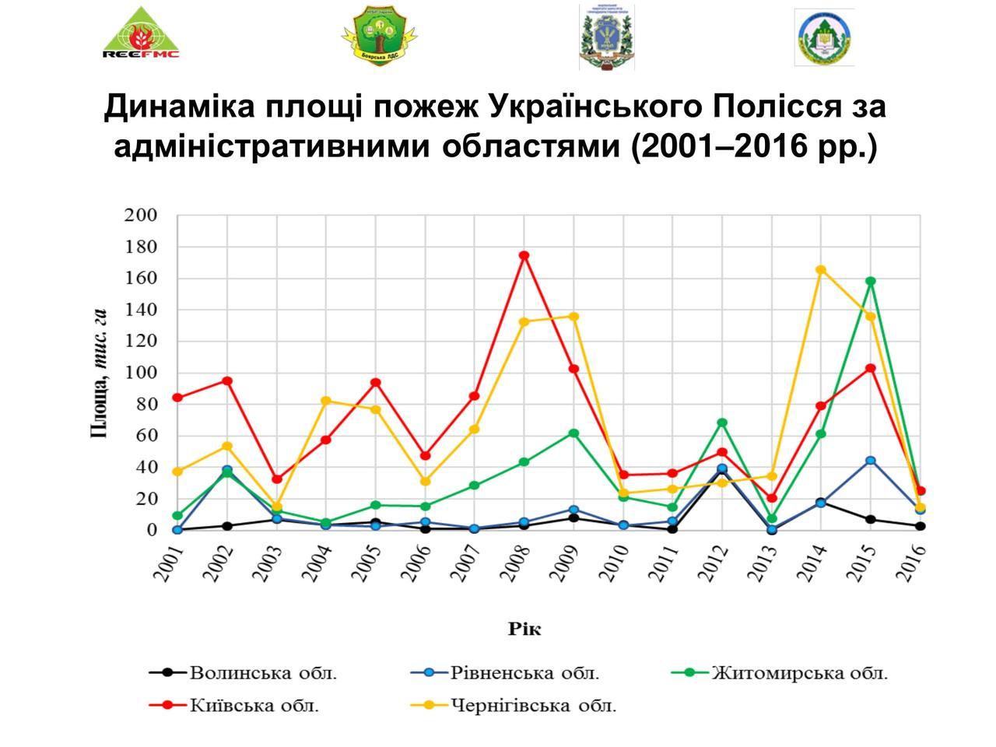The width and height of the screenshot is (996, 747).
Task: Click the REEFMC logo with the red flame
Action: pos(141,33)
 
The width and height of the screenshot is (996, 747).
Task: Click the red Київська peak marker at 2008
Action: pos(524,255)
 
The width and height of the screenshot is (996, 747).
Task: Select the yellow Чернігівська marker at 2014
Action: pos(821,270)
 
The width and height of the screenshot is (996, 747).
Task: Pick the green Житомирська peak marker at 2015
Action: pos(871,282)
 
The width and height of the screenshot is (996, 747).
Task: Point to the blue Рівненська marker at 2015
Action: pos(871,461)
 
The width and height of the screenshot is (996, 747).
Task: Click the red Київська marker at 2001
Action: pos(177,398)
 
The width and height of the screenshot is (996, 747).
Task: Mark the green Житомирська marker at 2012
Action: pos(722,423)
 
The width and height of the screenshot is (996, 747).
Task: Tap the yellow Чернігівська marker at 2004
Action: pos(326,401)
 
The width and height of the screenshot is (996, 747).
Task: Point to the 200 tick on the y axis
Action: pos(140,216)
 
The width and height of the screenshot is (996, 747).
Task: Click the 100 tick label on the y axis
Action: pos(140,373)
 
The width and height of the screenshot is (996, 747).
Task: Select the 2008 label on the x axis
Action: pos(516,563)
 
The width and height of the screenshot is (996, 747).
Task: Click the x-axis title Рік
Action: pos(524,628)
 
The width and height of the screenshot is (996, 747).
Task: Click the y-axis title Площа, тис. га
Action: pos(99,373)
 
